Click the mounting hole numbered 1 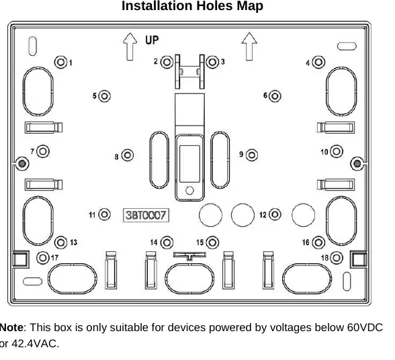[60, 62]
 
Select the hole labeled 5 [104, 96]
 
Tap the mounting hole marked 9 [252, 155]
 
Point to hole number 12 [275, 214]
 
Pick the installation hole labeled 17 [43, 258]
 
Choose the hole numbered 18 [337, 258]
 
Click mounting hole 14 [167, 242]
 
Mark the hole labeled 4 [318, 62]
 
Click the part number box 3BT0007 [146, 215]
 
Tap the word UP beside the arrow [152, 40]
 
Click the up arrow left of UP [130, 46]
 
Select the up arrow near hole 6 [249, 46]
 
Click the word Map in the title [250, 6]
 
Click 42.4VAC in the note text [35, 343]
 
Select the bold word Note [11, 328]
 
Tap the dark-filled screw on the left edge [22, 164]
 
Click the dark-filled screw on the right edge [357, 164]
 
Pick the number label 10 [324, 152]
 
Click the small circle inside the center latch [189, 191]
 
